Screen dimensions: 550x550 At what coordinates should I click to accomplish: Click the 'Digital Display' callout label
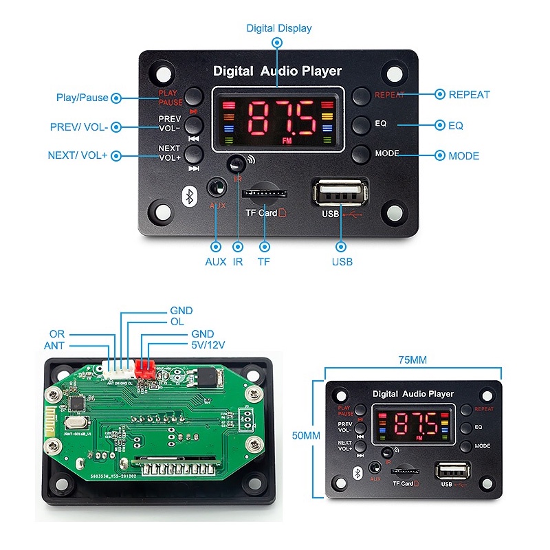point(279,28)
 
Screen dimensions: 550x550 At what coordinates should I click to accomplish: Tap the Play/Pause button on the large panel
point(195,96)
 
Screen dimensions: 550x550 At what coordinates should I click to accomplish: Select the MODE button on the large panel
point(362,154)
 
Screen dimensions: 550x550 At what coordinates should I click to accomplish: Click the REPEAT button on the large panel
point(362,96)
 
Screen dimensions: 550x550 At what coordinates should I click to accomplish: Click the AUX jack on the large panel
point(217,188)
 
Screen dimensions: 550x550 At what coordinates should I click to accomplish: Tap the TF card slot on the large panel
point(266,191)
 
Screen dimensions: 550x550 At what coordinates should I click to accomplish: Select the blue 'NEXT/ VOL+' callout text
point(78,155)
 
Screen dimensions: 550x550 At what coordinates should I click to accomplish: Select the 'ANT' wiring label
point(55,346)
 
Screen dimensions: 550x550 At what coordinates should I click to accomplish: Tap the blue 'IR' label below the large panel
point(239,261)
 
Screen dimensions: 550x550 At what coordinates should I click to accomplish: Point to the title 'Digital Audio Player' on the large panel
point(277,71)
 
